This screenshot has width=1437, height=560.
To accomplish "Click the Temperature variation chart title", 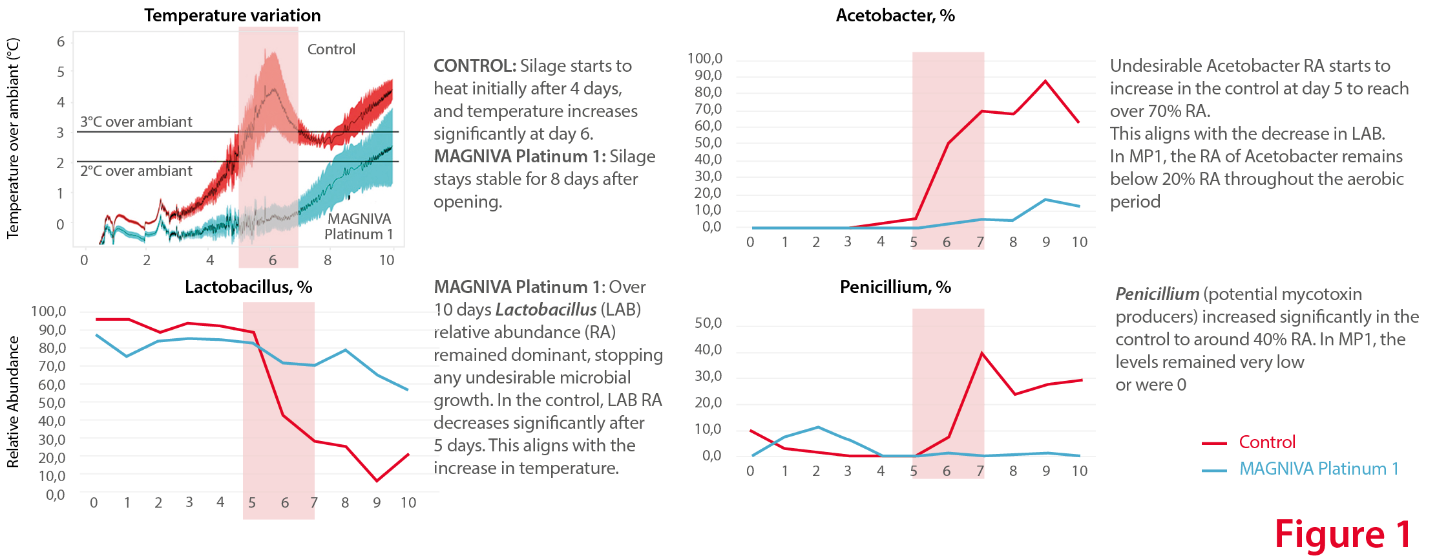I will tap(232, 16).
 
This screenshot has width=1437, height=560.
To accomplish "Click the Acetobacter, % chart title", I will tap(895, 16).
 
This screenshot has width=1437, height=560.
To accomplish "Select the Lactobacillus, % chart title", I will tap(248, 287).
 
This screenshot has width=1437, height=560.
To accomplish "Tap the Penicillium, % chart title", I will tap(895, 287).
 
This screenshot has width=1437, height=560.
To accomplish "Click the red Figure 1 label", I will tap(1343, 535).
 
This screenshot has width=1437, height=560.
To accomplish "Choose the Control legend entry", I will tap(1266, 442).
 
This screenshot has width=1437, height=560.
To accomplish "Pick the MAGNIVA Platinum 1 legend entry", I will tap(1318, 469).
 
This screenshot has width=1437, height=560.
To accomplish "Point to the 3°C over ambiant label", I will tap(136, 122).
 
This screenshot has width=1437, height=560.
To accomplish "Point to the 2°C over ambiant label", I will tap(136, 171).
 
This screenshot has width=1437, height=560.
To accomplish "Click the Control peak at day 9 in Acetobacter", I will tap(1045, 81).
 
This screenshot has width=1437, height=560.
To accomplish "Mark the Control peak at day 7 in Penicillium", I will tap(981, 353).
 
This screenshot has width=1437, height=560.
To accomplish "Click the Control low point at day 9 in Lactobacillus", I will tap(377, 481).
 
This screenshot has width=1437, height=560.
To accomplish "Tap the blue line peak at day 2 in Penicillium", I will tap(818, 427).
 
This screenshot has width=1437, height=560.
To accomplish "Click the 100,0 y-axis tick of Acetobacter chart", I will tap(704, 59).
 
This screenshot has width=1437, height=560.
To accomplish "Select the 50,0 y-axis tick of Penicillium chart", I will tap(708, 323).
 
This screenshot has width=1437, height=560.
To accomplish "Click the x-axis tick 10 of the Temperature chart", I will tap(386, 260).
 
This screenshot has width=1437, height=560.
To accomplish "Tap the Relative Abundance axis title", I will tap(13, 402).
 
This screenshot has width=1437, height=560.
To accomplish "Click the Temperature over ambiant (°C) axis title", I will tap(13, 138).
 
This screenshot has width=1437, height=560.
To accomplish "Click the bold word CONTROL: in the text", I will tap(474, 66).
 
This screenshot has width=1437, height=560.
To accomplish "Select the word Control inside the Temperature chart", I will tap(331, 49).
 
